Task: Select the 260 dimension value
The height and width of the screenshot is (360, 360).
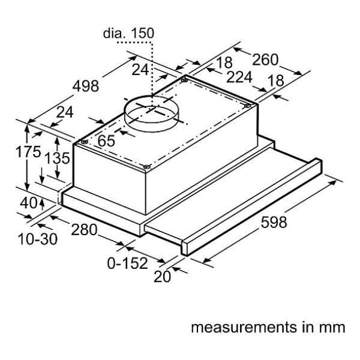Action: (x=265, y=59)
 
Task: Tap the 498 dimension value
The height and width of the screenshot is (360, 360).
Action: (x=85, y=86)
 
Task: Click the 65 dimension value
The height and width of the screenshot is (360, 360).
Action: (x=106, y=142)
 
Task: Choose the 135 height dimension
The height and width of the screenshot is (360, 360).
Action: (x=58, y=158)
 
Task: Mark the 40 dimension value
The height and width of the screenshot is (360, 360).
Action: (x=28, y=203)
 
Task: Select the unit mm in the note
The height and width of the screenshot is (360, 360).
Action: (x=332, y=328)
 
